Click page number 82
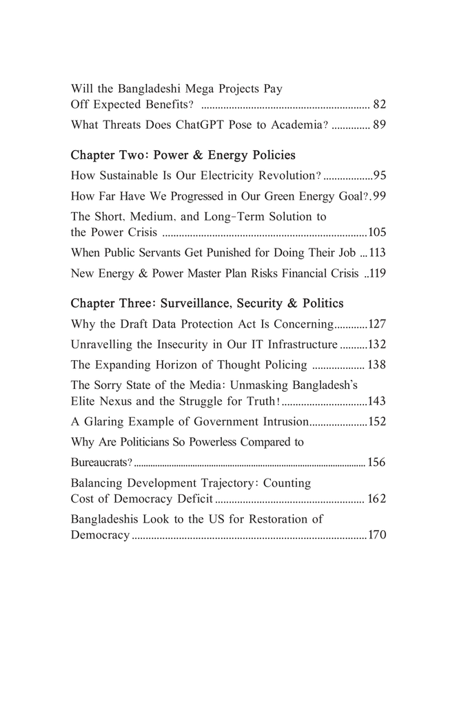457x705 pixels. pos(378,105)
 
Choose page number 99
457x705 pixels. pos(378,196)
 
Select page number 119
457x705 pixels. pos(377,273)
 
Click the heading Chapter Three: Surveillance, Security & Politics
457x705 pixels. pos(207,303)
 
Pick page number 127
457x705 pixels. pos(377,324)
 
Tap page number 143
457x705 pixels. pos(377,401)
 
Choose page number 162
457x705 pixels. pos(377,498)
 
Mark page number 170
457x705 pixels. pos(377,534)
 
